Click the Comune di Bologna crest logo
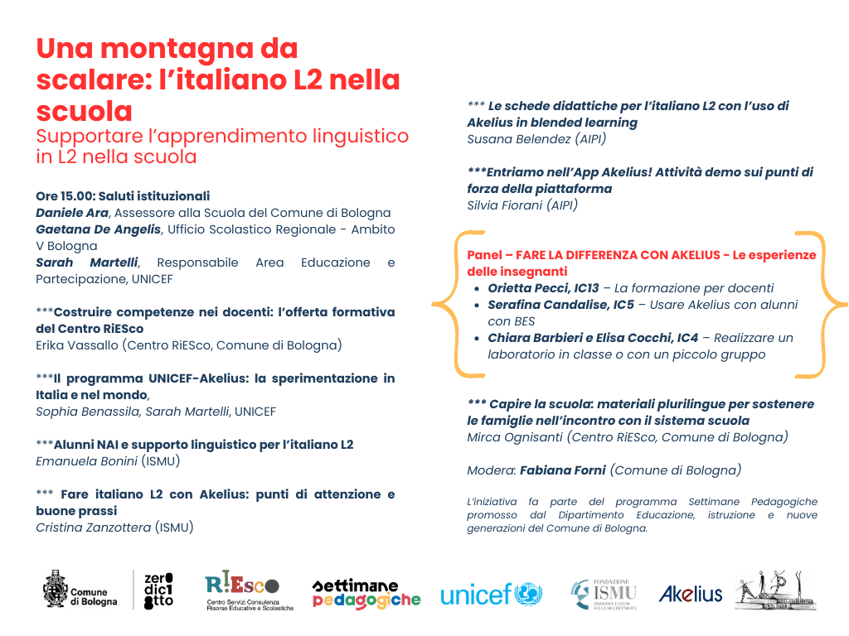[x=56, y=588]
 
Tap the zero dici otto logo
[x=158, y=590]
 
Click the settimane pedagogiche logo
[x=366, y=594]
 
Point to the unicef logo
[x=491, y=594]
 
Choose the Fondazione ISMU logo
[x=604, y=593]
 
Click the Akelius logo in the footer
[x=690, y=594]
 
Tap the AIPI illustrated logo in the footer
[x=774, y=590]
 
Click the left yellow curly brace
[x=446, y=304]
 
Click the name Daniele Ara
[x=73, y=213]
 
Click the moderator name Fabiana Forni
[x=563, y=470]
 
